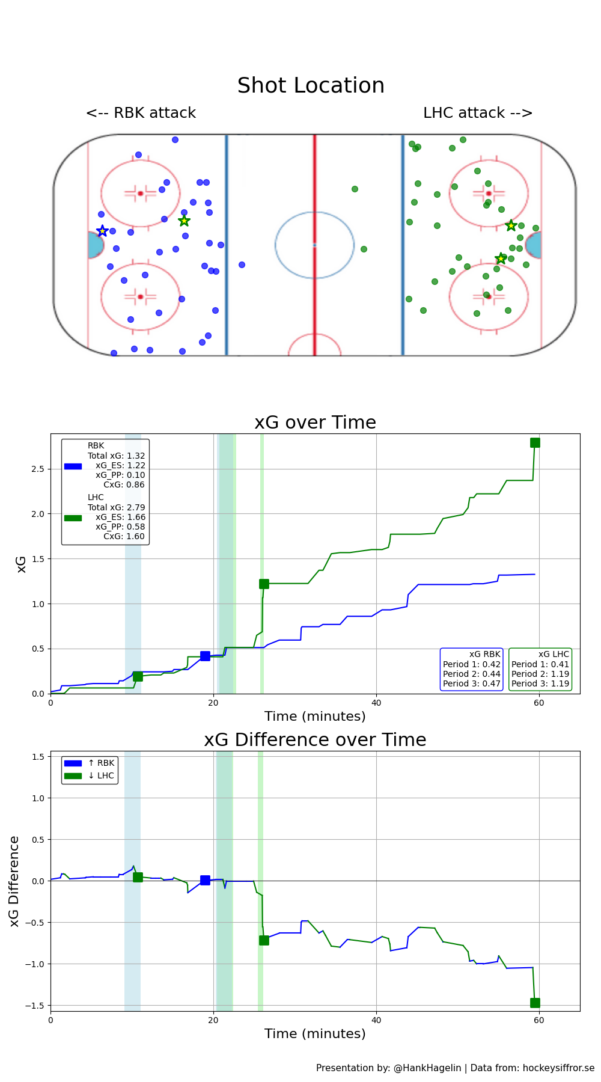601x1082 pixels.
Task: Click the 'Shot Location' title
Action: point(311,86)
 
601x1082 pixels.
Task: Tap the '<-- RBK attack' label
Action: point(141,113)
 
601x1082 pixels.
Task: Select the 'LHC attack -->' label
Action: point(478,113)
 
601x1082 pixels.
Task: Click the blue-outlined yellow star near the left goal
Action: point(102,231)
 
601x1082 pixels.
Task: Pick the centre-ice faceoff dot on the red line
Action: point(314,245)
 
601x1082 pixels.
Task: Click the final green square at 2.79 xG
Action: point(535,443)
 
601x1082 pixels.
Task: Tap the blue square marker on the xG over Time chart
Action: point(205,656)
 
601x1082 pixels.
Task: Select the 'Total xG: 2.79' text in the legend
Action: point(116,507)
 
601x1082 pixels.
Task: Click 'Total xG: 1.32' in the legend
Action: point(116,456)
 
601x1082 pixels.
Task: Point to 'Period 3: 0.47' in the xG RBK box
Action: point(472,683)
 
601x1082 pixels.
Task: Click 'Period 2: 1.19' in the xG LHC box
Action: point(540,674)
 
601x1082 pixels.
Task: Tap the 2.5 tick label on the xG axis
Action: point(37,469)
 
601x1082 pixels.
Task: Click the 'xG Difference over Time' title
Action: point(315,740)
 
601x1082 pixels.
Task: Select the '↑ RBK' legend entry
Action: point(101,763)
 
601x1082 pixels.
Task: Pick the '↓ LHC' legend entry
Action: point(101,775)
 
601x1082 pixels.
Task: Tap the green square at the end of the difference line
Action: point(535,1003)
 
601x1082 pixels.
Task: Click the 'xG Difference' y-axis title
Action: point(15,881)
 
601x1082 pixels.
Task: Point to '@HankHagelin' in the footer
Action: point(427,1068)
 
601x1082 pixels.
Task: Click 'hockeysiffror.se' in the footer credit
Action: point(558,1068)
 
